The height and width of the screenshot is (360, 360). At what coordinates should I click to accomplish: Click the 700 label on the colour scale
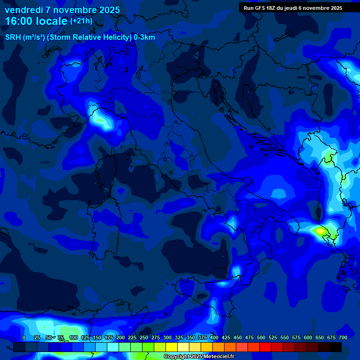click(343, 338)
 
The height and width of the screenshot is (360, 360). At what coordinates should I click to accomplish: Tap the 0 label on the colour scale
click(24, 338)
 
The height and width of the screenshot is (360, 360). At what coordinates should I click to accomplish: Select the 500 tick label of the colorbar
click(249, 338)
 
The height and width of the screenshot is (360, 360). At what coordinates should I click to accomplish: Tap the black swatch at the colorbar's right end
click(336, 347)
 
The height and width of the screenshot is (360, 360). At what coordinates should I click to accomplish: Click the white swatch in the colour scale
click(183, 347)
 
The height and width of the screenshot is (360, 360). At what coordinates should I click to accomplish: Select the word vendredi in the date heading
click(24, 10)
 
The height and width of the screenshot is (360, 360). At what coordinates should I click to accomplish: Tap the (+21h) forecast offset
click(81, 21)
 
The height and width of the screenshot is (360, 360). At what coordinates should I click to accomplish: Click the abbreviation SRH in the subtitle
click(13, 37)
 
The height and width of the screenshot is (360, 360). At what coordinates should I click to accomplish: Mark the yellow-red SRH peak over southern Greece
click(321, 231)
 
